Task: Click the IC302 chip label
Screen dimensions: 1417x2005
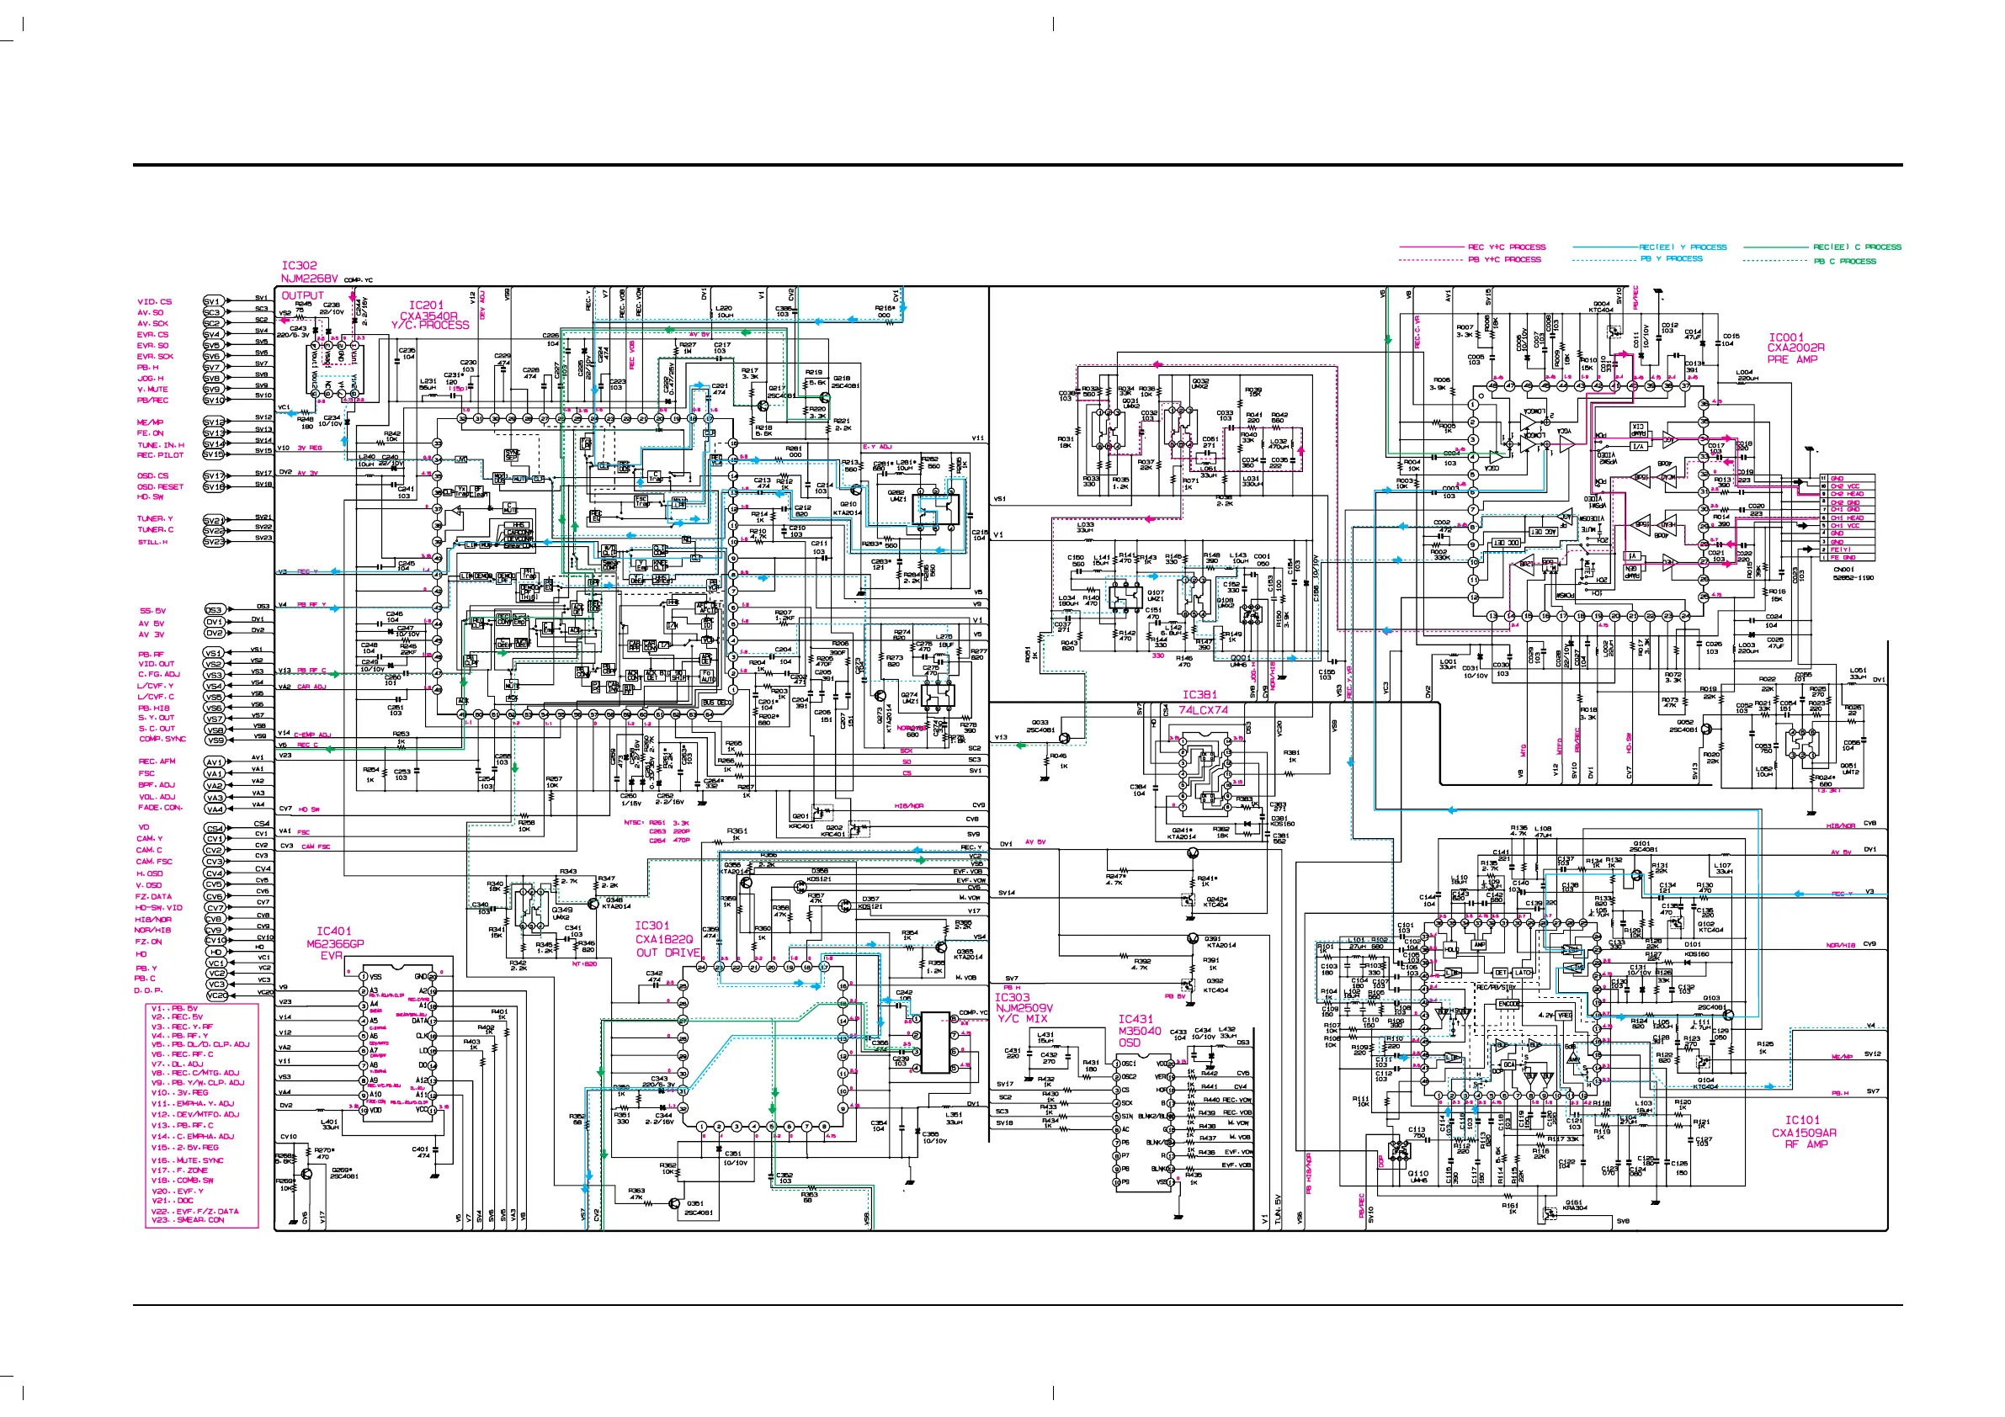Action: click(299, 265)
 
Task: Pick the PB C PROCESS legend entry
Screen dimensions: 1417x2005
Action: click(1844, 261)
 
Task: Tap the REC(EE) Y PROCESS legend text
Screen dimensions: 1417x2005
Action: click(1683, 247)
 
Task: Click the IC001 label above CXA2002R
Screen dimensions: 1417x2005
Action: click(1786, 337)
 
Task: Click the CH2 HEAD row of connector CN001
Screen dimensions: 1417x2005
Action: click(1847, 494)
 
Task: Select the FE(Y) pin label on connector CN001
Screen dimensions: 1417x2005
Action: click(1841, 550)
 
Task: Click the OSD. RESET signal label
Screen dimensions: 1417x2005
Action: click(160, 486)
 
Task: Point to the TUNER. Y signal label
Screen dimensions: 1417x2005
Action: click(155, 518)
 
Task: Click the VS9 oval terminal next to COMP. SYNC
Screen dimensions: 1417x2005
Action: click(215, 740)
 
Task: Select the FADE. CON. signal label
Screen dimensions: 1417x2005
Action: click(160, 808)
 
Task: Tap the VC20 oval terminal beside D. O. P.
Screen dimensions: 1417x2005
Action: click(216, 995)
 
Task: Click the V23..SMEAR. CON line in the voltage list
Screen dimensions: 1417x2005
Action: click(188, 1221)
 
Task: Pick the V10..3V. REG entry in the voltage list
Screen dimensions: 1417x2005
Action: click(180, 1092)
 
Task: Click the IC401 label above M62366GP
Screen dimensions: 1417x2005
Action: click(333, 931)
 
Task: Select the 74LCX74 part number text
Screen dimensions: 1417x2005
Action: click(1203, 710)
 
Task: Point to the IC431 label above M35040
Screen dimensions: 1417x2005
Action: click(1135, 1019)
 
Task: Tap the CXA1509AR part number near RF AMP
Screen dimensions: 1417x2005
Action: click(1803, 1133)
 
